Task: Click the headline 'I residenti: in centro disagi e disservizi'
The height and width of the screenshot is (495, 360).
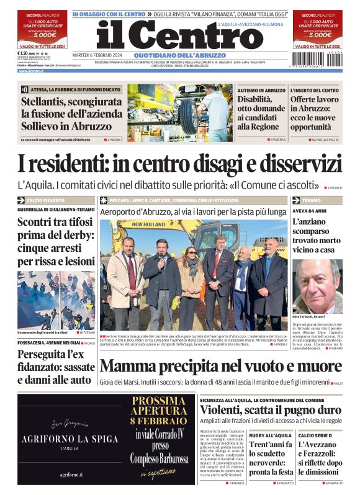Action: coord(179,163)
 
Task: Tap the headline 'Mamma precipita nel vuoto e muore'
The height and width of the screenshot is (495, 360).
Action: coord(220,365)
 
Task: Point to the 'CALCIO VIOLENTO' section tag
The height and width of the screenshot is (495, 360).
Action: coord(43,201)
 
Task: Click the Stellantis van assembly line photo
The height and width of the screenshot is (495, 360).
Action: coord(179,113)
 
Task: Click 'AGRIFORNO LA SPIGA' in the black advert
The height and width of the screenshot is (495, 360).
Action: coord(70,439)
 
